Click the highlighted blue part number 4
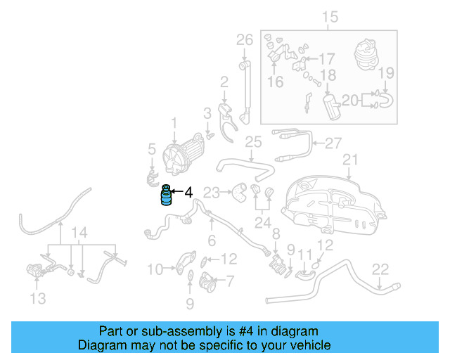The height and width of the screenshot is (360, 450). (167, 196)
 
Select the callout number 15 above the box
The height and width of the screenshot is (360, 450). (330, 18)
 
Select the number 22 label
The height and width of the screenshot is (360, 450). (380, 268)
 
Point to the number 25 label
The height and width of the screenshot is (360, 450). (252, 143)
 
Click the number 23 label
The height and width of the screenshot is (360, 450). (212, 190)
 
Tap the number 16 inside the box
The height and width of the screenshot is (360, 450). (275, 82)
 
